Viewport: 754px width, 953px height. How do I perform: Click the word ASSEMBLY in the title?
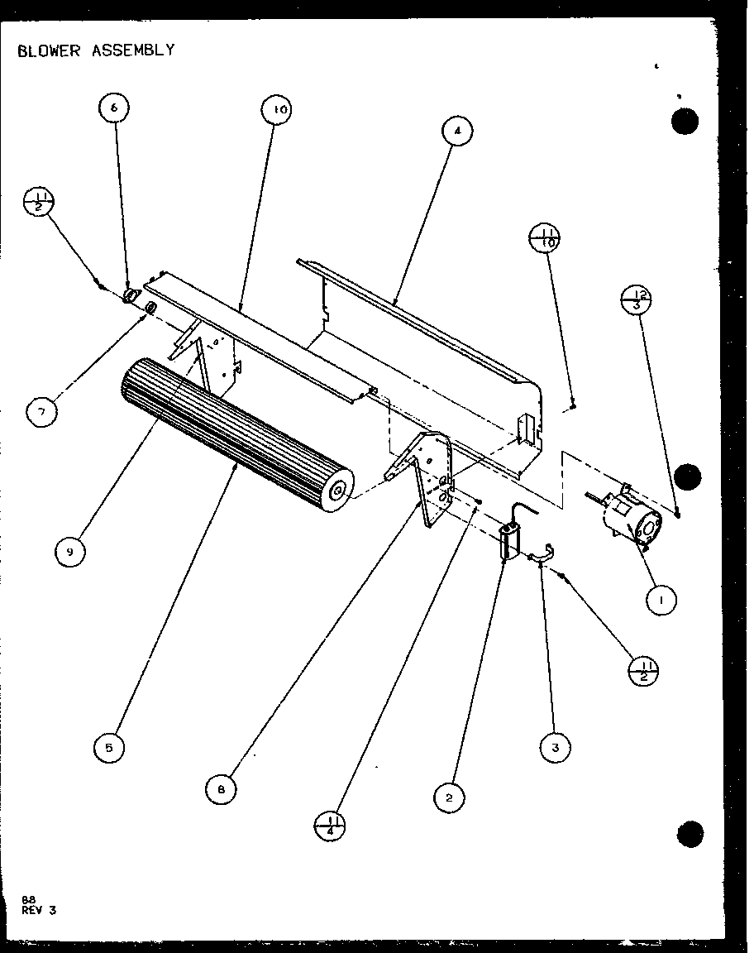[136, 50]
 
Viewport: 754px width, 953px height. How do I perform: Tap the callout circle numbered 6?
[114, 108]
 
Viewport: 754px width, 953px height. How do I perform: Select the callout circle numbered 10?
[278, 110]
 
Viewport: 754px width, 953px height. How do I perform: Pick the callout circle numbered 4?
[456, 132]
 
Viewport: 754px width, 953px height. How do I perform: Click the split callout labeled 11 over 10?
[545, 238]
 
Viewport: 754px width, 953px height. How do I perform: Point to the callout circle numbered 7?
[41, 411]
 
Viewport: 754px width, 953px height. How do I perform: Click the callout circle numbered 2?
[449, 797]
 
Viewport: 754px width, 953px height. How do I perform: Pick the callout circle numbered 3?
[555, 748]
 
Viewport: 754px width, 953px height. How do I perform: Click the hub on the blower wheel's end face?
[337, 491]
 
